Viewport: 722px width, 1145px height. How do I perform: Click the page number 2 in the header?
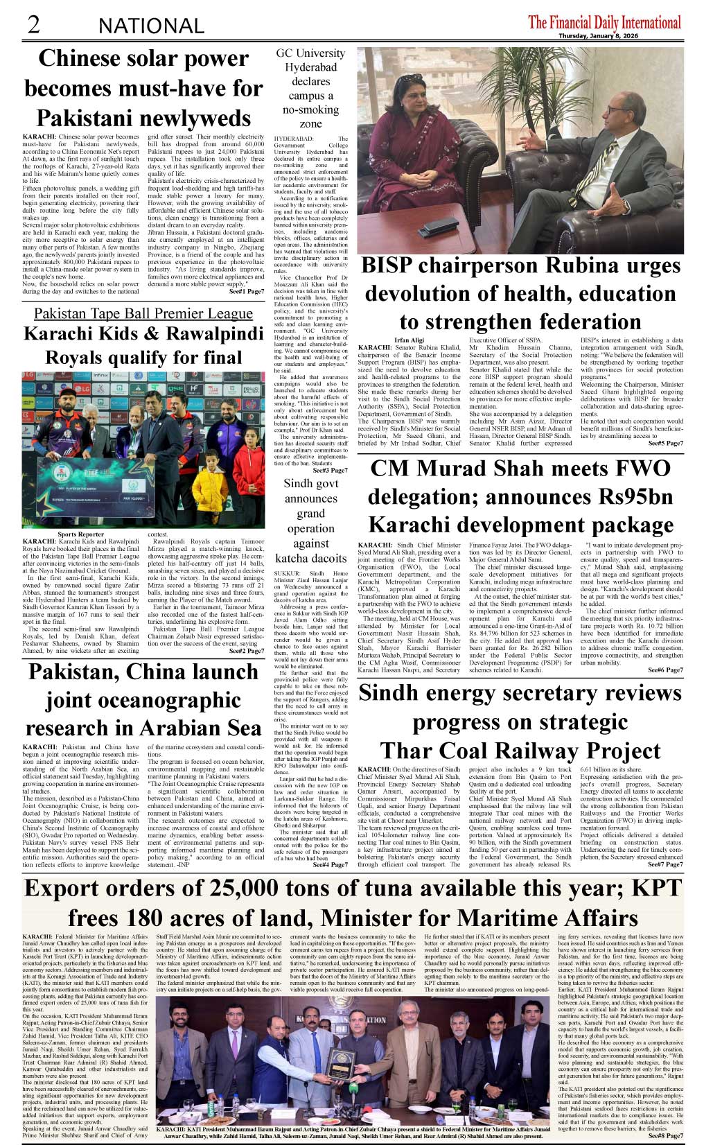click(x=33, y=24)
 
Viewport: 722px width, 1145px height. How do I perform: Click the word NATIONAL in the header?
click(x=151, y=26)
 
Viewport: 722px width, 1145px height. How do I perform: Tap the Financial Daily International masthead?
click(x=604, y=22)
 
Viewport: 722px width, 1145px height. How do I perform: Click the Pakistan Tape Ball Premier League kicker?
click(x=143, y=313)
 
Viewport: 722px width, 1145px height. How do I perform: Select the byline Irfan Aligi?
click(x=409, y=340)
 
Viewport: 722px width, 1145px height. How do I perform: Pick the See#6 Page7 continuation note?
click(x=665, y=670)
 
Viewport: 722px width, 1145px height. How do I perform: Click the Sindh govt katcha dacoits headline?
click(x=310, y=521)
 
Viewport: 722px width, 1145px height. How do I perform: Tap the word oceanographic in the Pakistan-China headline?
click(x=143, y=701)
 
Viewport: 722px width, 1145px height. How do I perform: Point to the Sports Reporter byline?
click(x=81, y=534)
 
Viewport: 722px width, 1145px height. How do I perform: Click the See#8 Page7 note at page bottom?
click(x=665, y=1136)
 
